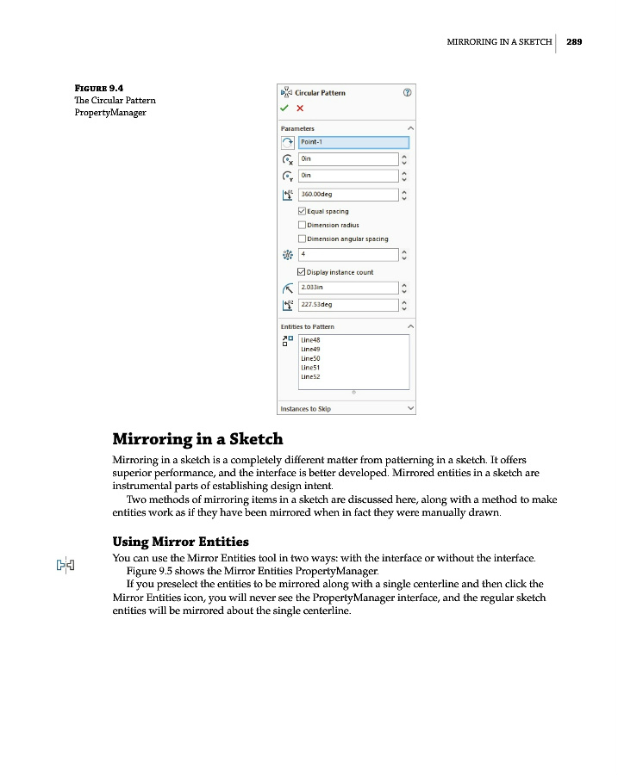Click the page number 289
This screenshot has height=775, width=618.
(575, 41)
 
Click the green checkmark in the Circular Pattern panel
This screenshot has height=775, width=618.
(284, 108)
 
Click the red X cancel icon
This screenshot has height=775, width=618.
(300, 108)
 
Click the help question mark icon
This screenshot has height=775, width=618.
(408, 92)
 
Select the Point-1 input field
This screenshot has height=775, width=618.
(353, 142)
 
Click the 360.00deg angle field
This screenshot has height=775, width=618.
(348, 195)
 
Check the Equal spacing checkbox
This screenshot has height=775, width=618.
(302, 211)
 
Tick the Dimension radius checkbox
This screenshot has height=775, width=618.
(302, 225)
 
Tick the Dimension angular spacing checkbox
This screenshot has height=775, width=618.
(302, 239)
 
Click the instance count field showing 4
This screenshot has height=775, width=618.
(348, 255)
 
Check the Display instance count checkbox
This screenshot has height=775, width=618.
(302, 272)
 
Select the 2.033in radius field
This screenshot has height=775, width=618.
(348, 288)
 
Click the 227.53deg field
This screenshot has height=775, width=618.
(348, 305)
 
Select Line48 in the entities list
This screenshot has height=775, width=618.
(311, 341)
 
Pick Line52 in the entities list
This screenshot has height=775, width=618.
(311, 377)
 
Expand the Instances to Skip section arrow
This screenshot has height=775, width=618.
(409, 408)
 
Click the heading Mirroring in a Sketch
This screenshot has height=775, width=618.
(197, 438)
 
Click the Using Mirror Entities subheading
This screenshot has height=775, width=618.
(181, 542)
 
